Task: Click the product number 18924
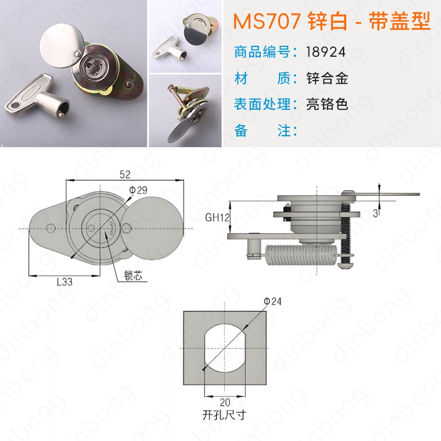326,52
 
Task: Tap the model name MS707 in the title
267,21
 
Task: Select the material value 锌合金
327,78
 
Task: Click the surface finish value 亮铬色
327,104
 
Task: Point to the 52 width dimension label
125,175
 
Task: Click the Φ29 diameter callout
138,190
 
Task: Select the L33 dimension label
64,282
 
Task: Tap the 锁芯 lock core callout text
133,276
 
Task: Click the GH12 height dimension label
217,217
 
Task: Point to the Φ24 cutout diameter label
272,302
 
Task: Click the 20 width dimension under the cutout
225,402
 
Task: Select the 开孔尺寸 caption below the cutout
224,415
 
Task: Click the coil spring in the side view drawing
301,255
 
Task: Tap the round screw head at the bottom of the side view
346,265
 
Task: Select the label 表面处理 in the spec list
262,104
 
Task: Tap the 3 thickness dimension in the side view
375,213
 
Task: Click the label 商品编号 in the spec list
262,52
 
